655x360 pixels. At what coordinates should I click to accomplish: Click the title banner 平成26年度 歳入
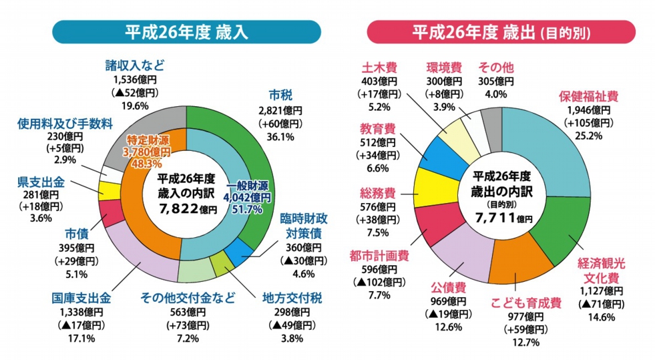(x=186, y=32)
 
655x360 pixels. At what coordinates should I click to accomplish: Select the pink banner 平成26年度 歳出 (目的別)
(x=501, y=32)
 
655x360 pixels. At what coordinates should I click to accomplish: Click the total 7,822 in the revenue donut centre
(x=180, y=209)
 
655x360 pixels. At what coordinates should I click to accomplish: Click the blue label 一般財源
(x=249, y=186)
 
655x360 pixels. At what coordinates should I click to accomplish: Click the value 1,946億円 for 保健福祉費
(x=588, y=110)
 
